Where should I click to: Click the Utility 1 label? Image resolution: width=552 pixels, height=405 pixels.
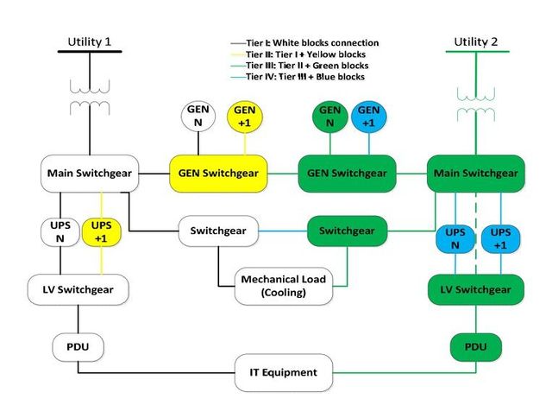pyautogui.click(x=90, y=41)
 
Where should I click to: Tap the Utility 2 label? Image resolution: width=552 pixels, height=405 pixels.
pyautogui.click(x=475, y=41)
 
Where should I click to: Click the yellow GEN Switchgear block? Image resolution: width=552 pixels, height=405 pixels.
pyautogui.click(x=217, y=173)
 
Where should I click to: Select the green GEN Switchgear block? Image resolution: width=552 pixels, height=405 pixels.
pyautogui.click(x=346, y=173)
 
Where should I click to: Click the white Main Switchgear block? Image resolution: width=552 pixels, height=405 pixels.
pyautogui.click(x=90, y=173)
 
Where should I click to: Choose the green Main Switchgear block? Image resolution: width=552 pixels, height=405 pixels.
pyautogui.click(x=475, y=173)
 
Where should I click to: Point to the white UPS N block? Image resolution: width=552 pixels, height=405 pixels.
pyautogui.click(x=60, y=231)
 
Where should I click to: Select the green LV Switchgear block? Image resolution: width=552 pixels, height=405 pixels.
pyautogui.click(x=476, y=288)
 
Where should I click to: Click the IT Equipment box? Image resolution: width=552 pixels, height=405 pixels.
pyautogui.click(x=283, y=372)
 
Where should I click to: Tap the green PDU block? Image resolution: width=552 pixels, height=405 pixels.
pyautogui.click(x=475, y=347)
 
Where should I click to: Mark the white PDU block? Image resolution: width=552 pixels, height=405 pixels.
pyautogui.click(x=79, y=347)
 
